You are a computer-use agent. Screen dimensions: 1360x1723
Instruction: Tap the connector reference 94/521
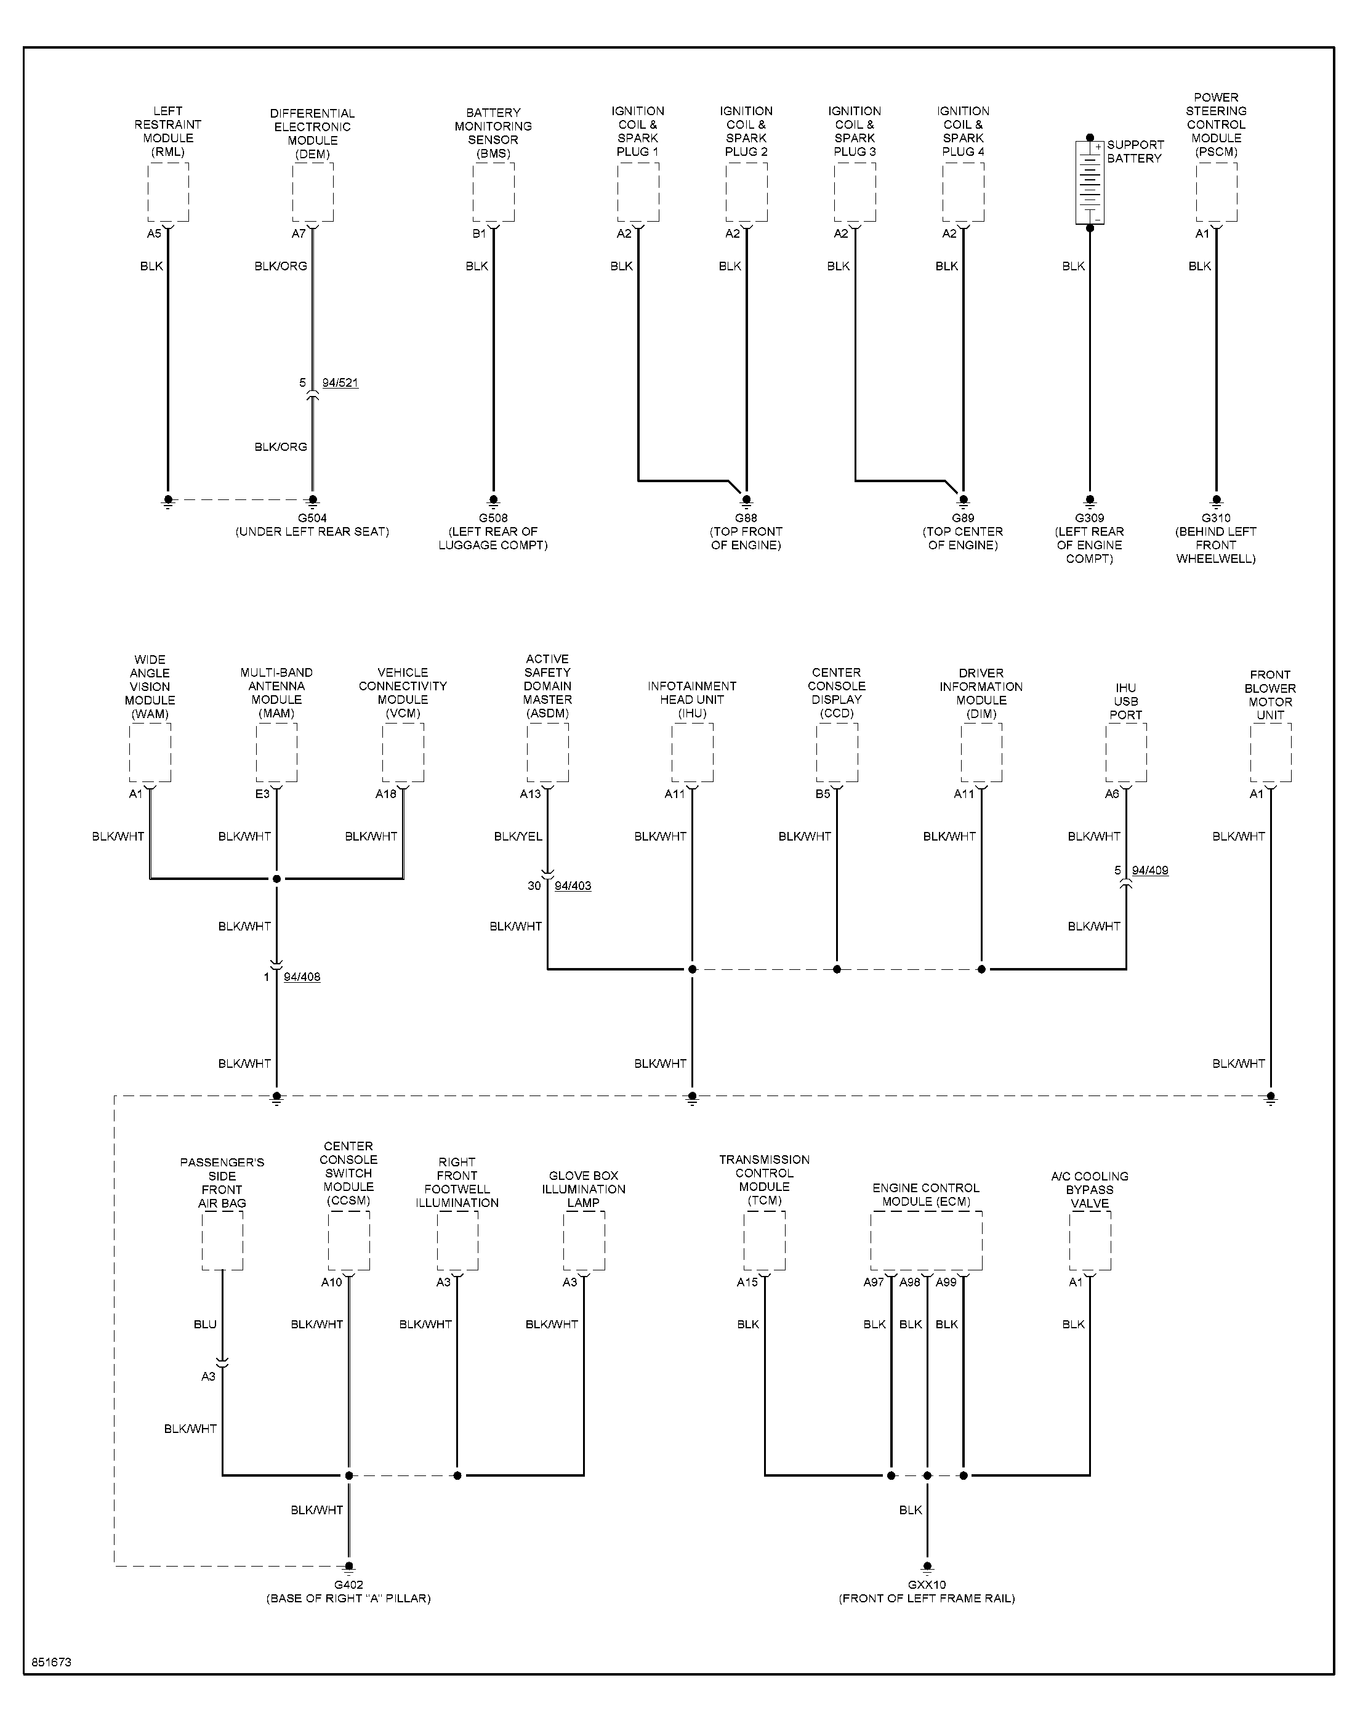[x=340, y=383]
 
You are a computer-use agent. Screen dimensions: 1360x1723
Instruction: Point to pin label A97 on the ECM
[x=874, y=1282]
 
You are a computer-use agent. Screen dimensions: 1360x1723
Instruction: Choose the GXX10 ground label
[x=926, y=1584]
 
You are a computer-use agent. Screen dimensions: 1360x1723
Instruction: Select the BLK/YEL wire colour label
[x=518, y=836]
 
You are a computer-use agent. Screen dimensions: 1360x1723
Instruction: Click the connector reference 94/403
[x=573, y=886]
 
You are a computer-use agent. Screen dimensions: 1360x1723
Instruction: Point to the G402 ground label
[x=348, y=1584]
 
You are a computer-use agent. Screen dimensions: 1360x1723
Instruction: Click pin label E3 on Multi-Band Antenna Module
[x=262, y=794]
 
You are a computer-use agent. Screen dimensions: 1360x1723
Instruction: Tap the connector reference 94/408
[x=302, y=977]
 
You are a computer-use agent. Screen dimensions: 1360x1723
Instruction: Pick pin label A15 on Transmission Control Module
[x=747, y=1282]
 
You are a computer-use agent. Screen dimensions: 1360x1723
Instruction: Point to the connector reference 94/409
[x=1150, y=870]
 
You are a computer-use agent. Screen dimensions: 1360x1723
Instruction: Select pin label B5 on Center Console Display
[x=823, y=794]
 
